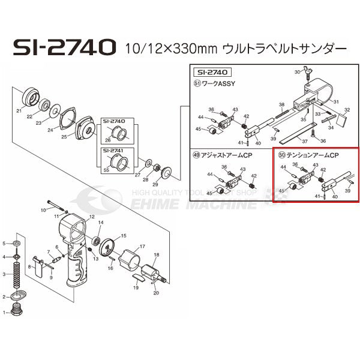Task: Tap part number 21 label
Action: click(19, 111)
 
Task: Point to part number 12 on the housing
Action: click(91, 217)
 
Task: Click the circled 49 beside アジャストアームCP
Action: click(196, 155)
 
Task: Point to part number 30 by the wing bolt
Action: click(296, 72)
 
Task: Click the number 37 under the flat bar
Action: click(304, 142)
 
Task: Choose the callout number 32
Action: click(347, 111)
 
